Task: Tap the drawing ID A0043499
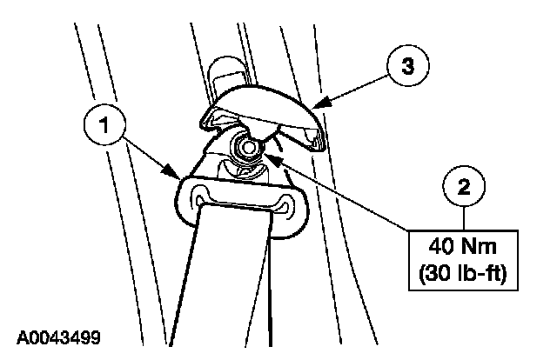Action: pos(63,335)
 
